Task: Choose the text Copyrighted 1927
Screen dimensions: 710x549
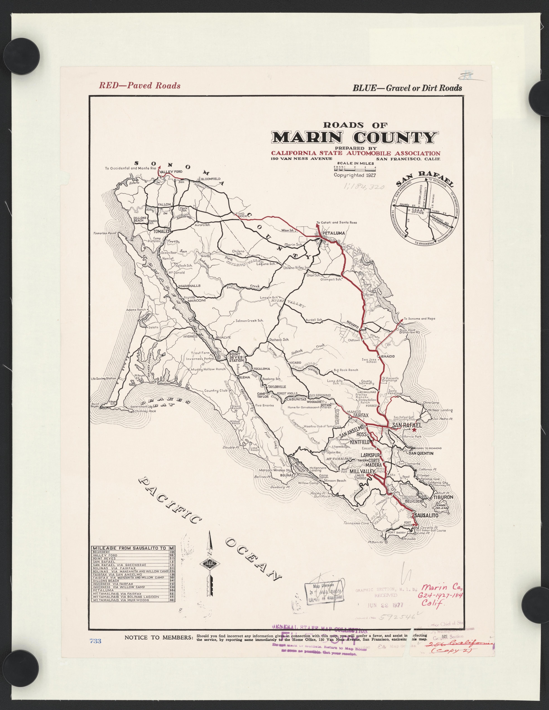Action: [355, 175]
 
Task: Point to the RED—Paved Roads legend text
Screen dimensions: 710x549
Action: [140, 85]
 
